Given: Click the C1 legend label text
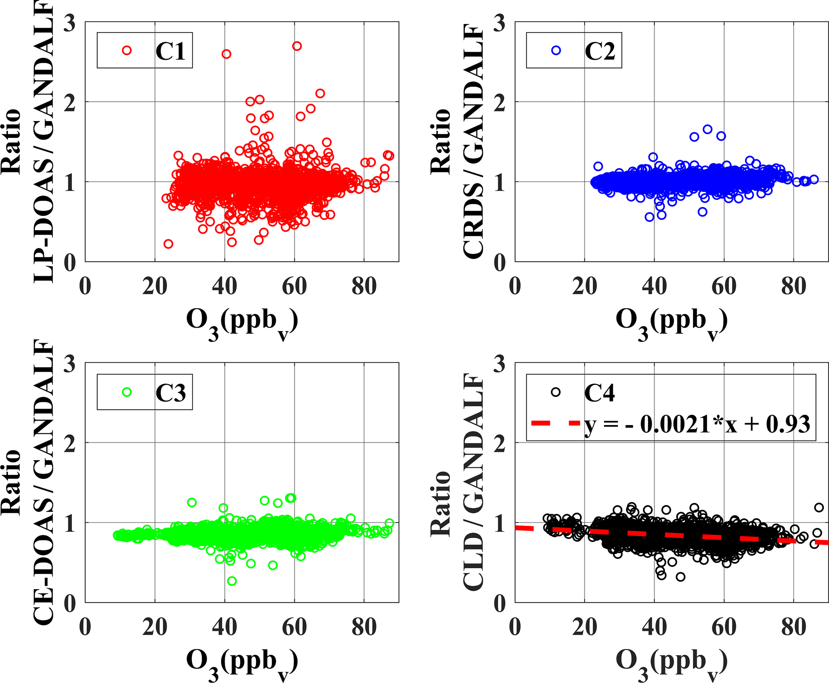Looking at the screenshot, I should (170, 51).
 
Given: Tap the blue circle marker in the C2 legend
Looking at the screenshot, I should (556, 50).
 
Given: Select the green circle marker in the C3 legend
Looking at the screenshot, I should (127, 392).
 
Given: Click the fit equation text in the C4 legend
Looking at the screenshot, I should (697, 424).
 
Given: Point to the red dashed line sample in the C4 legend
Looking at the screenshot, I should (555, 423).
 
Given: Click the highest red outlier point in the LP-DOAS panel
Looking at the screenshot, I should (297, 46).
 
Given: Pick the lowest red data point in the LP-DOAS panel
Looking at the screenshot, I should (168, 244).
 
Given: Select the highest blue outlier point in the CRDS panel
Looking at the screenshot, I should (707, 129).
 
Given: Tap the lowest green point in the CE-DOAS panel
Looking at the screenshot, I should (232, 581).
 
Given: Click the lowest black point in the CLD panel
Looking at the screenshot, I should (681, 577).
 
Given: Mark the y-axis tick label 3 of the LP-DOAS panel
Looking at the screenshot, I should (70, 23).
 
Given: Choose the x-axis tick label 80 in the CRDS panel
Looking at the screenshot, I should (794, 286).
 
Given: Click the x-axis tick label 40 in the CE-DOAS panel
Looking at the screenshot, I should (225, 627).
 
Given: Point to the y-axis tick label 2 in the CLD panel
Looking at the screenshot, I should (499, 444).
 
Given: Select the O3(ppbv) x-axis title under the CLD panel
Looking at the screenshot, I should (672, 663).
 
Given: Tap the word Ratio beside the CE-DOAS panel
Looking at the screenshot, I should (11, 482).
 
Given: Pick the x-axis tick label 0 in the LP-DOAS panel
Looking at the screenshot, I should (85, 286).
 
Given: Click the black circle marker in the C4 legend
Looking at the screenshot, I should (555, 392).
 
